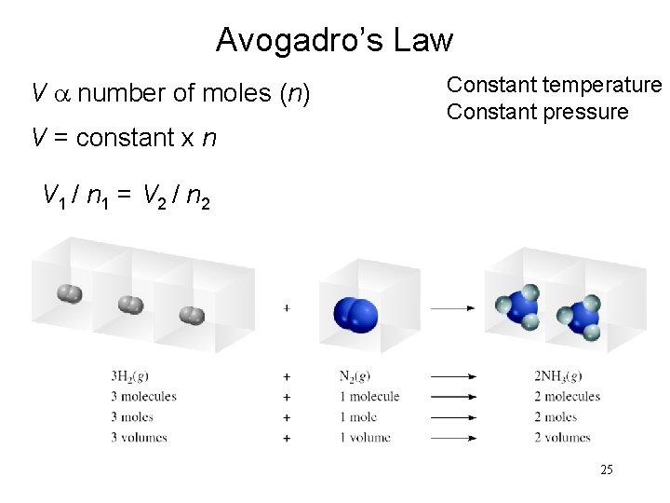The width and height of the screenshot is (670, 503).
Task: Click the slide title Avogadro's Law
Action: pyautogui.click(x=334, y=40)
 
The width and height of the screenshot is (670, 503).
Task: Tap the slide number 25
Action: pyautogui.click(x=606, y=469)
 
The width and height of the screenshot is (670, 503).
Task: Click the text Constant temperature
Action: pyautogui.click(x=554, y=85)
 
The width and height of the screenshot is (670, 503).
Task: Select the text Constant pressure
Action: pyautogui.click(x=537, y=112)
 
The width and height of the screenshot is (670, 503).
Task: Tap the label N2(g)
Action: pyautogui.click(x=358, y=376)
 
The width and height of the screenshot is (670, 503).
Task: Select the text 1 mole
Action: pyautogui.click(x=359, y=417)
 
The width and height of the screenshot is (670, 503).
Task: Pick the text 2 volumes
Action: pyautogui.click(x=561, y=438)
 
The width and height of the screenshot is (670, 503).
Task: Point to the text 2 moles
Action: pyautogui.click(x=556, y=417)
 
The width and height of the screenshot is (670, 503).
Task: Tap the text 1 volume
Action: pyautogui.click(x=365, y=438)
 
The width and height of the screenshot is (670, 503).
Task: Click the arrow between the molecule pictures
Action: pyautogui.click(x=453, y=306)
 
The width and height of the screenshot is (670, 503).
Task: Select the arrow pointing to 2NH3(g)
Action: pyautogui.click(x=453, y=377)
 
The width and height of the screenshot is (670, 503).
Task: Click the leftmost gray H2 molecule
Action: pyautogui.click(x=69, y=294)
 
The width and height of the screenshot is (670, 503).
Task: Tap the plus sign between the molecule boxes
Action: pyautogui.click(x=286, y=306)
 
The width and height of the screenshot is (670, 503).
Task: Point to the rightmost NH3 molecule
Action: pyautogui.click(x=582, y=317)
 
